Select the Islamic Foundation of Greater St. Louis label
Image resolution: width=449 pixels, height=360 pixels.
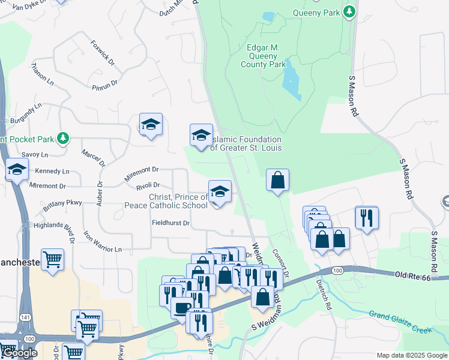click(246, 143)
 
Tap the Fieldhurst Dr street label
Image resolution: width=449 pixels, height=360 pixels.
click(170, 223)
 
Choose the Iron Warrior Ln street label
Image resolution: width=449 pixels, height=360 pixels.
click(102, 241)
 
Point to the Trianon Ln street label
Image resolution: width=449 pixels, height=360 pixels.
click(42, 74)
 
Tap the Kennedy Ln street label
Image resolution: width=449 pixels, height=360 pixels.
click(52, 171)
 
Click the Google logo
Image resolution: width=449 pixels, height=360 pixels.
click(19, 353)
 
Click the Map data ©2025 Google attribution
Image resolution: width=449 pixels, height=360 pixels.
click(411, 355)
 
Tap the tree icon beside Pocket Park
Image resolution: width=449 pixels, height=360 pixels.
click(62, 139)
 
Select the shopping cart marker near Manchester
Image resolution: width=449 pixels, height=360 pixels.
click(53, 259)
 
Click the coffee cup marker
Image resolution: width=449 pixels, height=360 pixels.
click(181, 308)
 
